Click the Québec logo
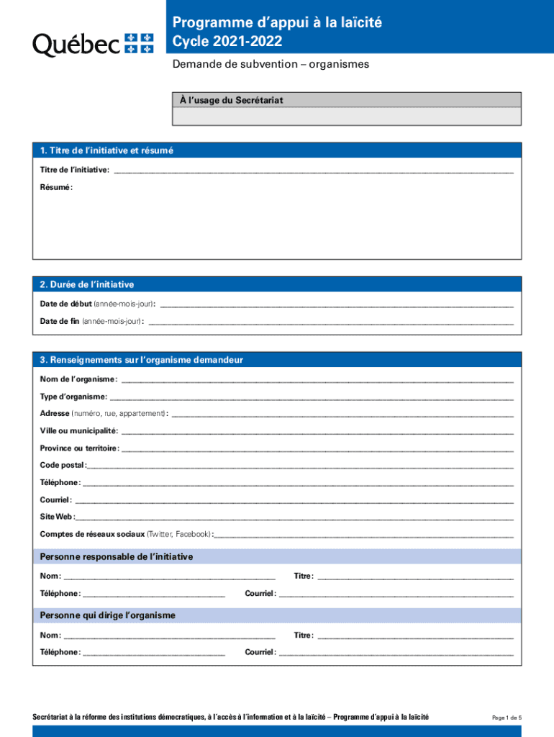tap(94, 45)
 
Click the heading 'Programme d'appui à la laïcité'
tap(277, 23)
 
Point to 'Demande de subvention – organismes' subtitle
tap(271, 64)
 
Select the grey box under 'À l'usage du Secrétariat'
tap(349, 117)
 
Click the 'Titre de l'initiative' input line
tap(314, 171)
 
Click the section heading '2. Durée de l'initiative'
tap(87, 285)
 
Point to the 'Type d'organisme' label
tap(73, 397)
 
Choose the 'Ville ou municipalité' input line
tap(317, 433)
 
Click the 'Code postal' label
tap(63, 465)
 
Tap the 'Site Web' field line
tap(294, 518)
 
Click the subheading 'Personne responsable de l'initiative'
tap(117, 557)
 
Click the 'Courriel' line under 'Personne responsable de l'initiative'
tap(396, 595)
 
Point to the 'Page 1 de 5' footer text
tap(507, 718)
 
